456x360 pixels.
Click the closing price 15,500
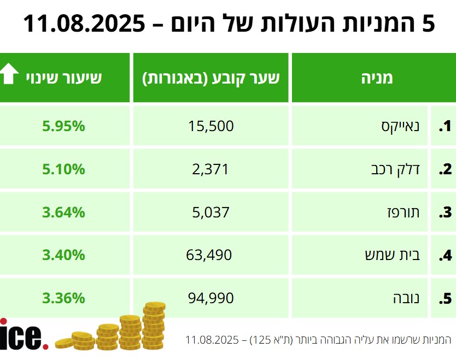pyautogui.click(x=211, y=126)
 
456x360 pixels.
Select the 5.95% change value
pyautogui.click(x=63, y=126)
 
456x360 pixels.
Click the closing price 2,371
pyautogui.click(x=211, y=169)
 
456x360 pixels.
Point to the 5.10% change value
pyautogui.click(x=63, y=169)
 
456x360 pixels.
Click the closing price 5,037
pyautogui.click(x=211, y=212)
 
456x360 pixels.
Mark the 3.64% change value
pyautogui.click(x=63, y=212)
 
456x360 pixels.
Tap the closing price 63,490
pyautogui.click(x=211, y=255)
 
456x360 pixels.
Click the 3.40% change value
pyautogui.click(x=63, y=255)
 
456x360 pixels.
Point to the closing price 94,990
pyautogui.click(x=211, y=298)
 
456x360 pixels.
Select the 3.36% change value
pyautogui.click(x=63, y=298)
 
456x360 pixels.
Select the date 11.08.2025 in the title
pyautogui.click(x=85, y=23)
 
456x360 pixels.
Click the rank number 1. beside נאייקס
pyautogui.click(x=445, y=127)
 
